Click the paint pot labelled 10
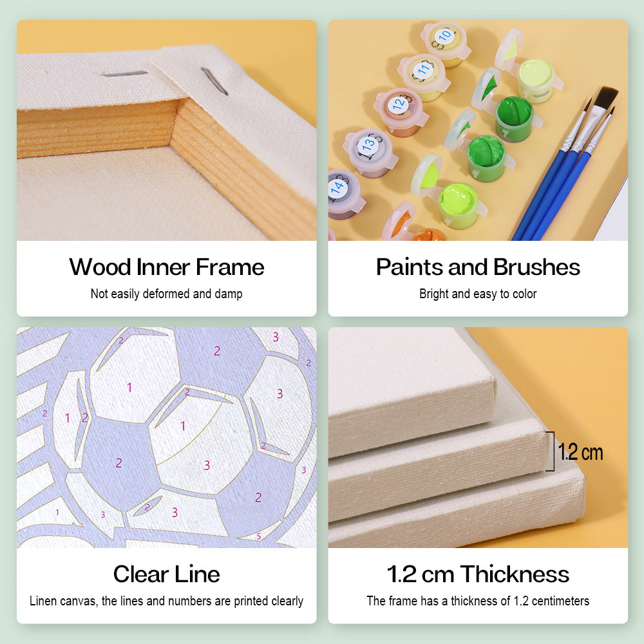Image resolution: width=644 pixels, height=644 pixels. [445, 43]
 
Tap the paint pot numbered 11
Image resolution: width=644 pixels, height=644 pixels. [424, 77]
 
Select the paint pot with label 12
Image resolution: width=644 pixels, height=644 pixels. [400, 111]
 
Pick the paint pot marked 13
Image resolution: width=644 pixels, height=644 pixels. [370, 151]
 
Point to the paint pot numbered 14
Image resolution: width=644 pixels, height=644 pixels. [344, 193]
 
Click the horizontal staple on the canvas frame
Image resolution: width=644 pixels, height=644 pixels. [124, 74]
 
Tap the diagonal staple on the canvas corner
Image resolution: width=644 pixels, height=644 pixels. [214, 81]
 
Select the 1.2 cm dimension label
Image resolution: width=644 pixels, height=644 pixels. [580, 452]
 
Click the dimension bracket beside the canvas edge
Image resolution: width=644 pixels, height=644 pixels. [553, 451]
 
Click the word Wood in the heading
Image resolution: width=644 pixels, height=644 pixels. [100, 267]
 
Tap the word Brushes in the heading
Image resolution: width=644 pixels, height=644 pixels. [536, 267]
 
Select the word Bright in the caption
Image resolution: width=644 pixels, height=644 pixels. [433, 294]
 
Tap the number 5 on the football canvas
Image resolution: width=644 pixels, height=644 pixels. [259, 536]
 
